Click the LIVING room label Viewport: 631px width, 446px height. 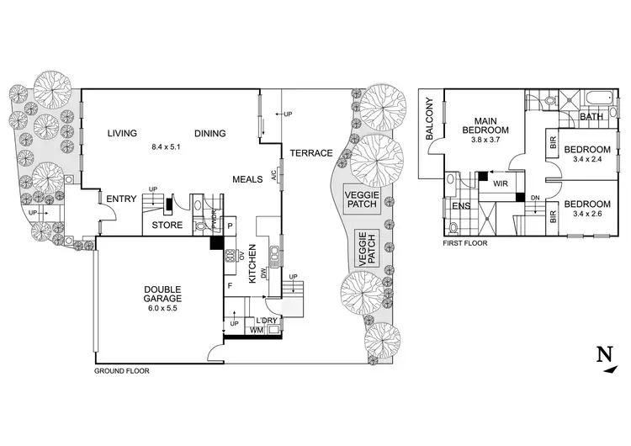(123, 133)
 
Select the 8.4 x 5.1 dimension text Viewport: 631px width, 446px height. (165, 146)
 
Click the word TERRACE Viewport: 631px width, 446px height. (310, 153)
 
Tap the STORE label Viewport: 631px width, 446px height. (167, 226)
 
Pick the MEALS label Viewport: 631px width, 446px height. (250, 180)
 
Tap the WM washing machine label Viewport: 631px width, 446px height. (257, 331)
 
